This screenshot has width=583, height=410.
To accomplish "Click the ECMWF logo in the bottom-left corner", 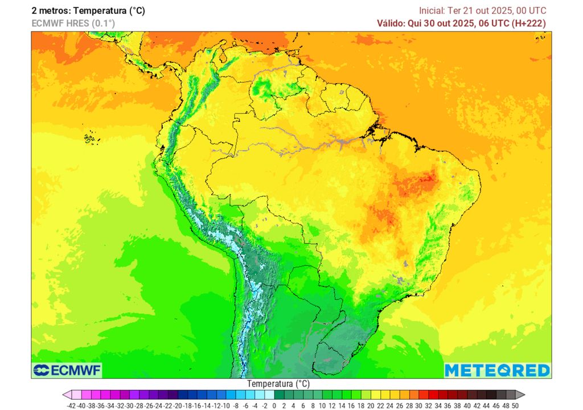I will (67, 371).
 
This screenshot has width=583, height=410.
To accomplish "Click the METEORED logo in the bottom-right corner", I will (497, 370).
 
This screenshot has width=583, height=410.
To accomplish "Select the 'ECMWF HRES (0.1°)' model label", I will (73, 23).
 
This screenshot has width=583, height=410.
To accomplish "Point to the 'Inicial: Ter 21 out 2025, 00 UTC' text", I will (482, 10).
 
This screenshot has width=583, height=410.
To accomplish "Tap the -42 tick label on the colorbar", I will (71, 405).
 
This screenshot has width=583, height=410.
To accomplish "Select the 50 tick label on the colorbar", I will (515, 405).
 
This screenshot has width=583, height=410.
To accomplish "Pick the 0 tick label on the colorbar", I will (274, 405).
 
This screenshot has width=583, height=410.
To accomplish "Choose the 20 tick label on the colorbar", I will (371, 405).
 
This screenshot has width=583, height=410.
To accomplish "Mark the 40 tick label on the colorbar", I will (467, 405).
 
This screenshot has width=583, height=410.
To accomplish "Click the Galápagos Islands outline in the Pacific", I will (89, 138).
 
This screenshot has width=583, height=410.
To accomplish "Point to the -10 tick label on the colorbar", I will (225, 405).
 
